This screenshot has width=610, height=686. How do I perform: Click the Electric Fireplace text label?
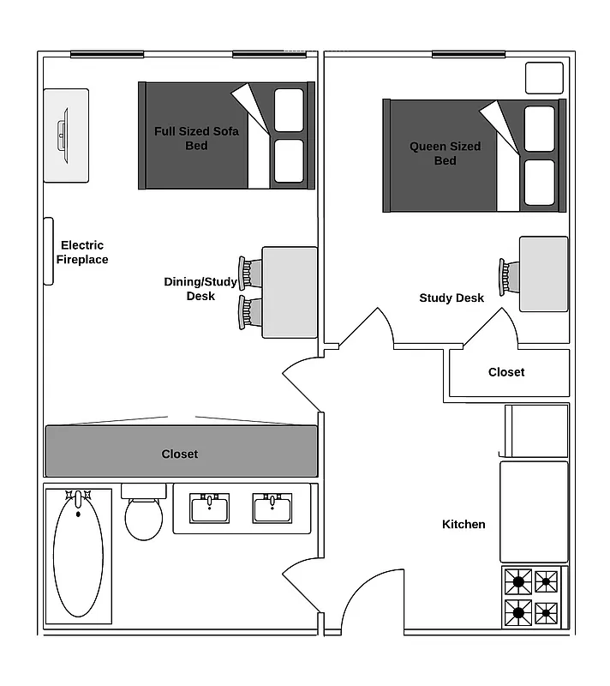click(83, 252)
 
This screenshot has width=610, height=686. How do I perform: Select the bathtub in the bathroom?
click(78, 558)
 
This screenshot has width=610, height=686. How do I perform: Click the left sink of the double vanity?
click(209, 508)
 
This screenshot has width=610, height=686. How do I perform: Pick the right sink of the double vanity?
click(272, 508)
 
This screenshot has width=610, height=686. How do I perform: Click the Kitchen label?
click(463, 524)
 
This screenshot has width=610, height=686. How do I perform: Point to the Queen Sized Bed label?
click(445, 153)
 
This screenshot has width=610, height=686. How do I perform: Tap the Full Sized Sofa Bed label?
click(196, 138)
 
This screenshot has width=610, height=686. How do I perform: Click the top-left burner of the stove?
click(518, 582)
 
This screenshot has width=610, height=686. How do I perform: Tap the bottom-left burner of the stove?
click(518, 613)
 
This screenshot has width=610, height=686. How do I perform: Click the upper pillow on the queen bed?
click(540, 129)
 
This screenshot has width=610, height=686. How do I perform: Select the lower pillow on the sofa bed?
click(290, 161)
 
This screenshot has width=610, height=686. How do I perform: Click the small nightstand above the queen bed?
click(544, 77)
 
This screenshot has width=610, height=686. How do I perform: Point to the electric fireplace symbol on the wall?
click(49, 251)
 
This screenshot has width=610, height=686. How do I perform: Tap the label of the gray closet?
click(180, 454)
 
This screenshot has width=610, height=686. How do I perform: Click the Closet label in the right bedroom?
click(506, 372)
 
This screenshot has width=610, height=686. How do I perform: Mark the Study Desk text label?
click(452, 298)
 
